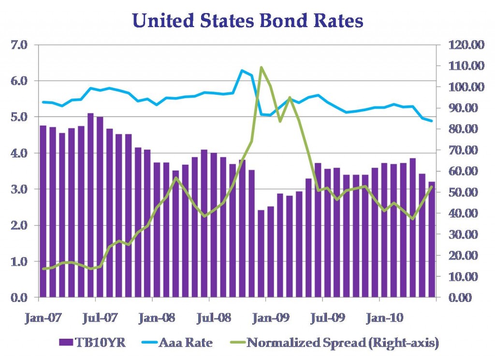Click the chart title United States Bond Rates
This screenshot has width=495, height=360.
click(247, 21)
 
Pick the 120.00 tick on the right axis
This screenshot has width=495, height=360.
click(465, 45)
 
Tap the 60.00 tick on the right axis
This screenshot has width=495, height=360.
click(465, 171)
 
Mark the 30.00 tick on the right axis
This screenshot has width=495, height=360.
click(465, 234)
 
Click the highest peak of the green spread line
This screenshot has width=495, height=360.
click(261, 67)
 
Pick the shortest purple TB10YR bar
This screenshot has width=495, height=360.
click(261, 254)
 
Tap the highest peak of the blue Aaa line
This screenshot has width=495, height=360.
click(242, 71)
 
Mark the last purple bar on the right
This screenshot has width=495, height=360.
click(432, 239)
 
